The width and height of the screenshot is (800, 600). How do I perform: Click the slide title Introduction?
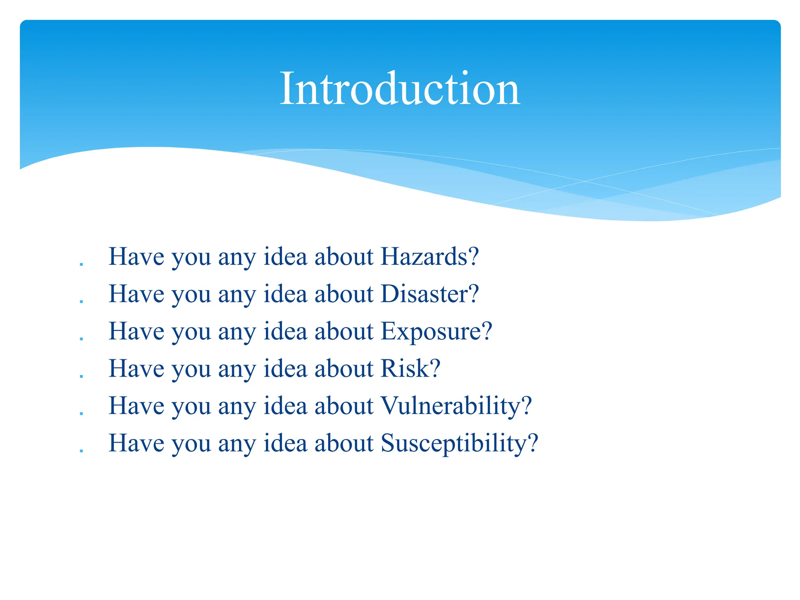click(x=400, y=89)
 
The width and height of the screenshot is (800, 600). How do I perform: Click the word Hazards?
click(x=430, y=257)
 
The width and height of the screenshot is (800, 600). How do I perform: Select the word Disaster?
click(x=430, y=294)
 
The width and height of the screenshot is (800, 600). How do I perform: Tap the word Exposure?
click(x=436, y=332)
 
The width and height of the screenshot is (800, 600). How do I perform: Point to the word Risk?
click(x=411, y=369)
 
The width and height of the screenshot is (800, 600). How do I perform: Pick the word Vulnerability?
click(x=456, y=406)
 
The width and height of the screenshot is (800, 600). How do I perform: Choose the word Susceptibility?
click(x=459, y=444)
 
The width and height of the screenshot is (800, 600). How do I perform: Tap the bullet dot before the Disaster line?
click(x=81, y=302)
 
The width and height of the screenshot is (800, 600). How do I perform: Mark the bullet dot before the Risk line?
click(x=81, y=377)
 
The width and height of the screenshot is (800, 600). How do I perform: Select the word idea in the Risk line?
click(x=285, y=369)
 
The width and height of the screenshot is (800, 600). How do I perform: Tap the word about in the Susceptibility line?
click(x=344, y=444)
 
